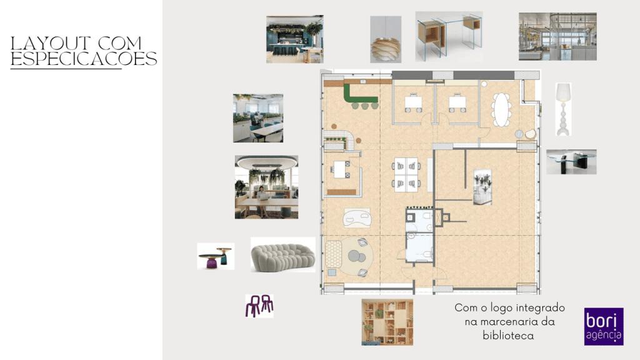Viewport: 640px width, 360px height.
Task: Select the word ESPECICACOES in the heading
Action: pyautogui.click(x=84, y=59)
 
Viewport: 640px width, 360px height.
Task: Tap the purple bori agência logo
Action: pyautogui.click(x=604, y=326)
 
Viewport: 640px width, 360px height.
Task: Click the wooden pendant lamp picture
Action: pyautogui.click(x=386, y=39)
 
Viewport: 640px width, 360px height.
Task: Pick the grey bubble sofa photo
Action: pyautogui.click(x=283, y=255)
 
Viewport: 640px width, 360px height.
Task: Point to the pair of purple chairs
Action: pyautogui.click(x=259, y=306)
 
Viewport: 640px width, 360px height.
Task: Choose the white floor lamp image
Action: pyautogui.click(x=563, y=109)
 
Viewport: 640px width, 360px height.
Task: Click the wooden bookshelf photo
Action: pyautogui.click(x=387, y=322)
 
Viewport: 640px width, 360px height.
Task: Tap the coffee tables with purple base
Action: pyautogui.click(x=216, y=256)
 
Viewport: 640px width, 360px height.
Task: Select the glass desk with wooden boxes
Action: pyautogui.click(x=449, y=36)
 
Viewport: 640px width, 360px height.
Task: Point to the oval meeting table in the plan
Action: pyautogui.click(x=502, y=110)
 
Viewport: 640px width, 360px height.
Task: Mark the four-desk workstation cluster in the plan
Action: pyautogui.click(x=406, y=174)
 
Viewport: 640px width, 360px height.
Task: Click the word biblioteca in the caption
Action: pyautogui.click(x=508, y=336)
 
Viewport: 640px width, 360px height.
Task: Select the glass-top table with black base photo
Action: pyautogui.click(x=571, y=162)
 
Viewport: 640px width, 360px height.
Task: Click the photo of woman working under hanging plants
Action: pyautogui.click(x=266, y=187)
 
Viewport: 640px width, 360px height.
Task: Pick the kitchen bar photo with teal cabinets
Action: pyautogui.click(x=295, y=39)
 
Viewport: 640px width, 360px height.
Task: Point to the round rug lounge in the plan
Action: pyautogui.click(x=356, y=256)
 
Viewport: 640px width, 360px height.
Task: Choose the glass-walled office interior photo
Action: pyautogui.click(x=557, y=36)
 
